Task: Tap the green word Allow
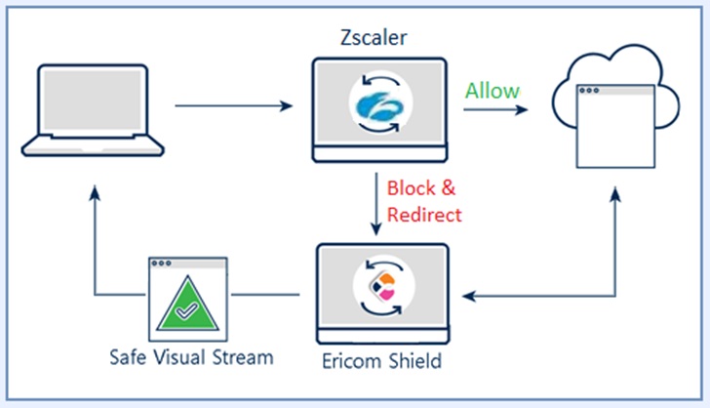[493, 91]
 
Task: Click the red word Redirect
[423, 214]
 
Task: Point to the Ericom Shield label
[380, 361]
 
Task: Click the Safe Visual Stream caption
[190, 357]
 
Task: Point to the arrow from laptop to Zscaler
[234, 104]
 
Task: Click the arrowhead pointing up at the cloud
[615, 194]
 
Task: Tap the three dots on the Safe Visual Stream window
[161, 265]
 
